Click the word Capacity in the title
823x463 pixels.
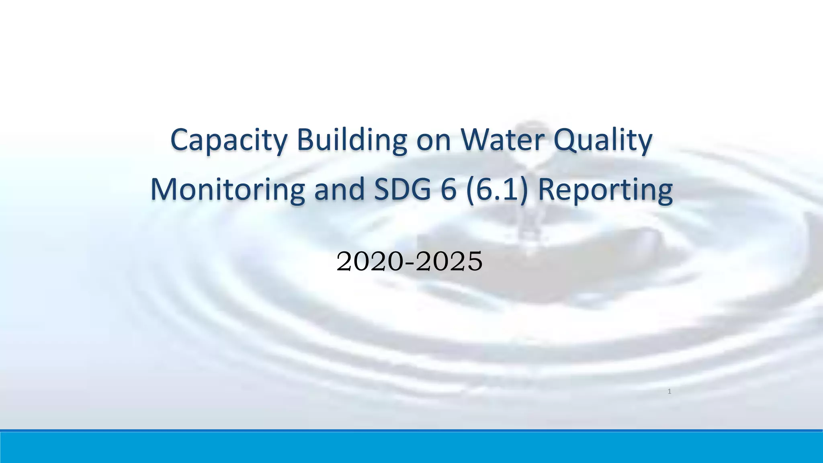tap(229, 140)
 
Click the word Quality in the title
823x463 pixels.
tap(603, 140)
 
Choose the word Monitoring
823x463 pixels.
tap(227, 189)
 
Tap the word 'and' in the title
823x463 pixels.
tap(339, 189)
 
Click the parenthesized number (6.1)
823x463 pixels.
tap(497, 189)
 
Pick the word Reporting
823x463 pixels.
tap(605, 190)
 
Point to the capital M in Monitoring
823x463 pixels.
tap(164, 189)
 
